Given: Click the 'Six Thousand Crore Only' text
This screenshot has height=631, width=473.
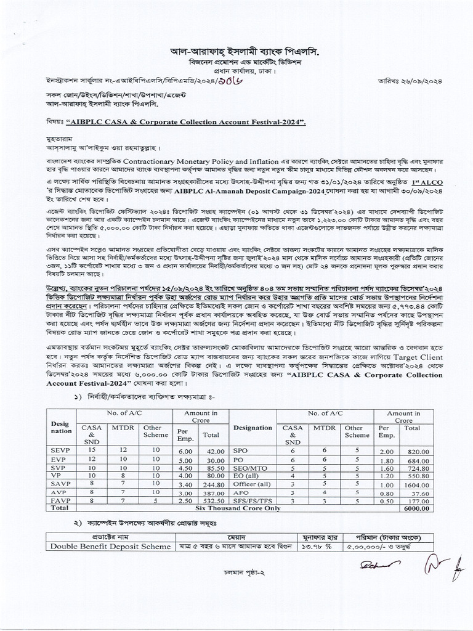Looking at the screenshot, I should pyautogui.click(x=246, y=509).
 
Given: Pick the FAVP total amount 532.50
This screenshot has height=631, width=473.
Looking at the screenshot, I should pyautogui.click(x=208, y=501).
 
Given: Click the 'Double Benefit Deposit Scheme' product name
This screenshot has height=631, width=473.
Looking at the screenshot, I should pyautogui.click(x=110, y=546).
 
